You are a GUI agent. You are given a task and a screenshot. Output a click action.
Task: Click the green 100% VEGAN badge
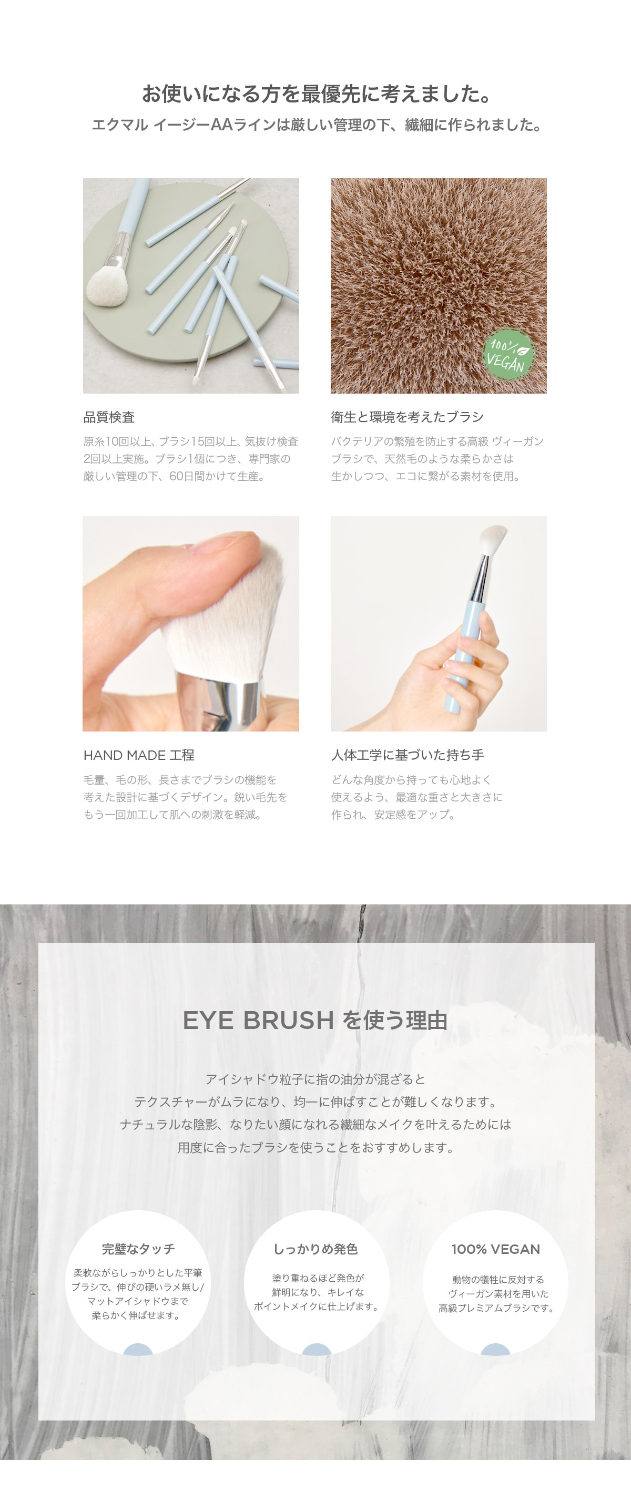click(x=508, y=354)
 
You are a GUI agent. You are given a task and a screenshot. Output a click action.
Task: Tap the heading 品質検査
click(x=109, y=417)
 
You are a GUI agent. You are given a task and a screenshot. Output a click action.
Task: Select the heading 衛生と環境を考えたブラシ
click(x=408, y=417)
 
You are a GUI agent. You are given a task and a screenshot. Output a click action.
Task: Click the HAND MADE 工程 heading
click(x=139, y=755)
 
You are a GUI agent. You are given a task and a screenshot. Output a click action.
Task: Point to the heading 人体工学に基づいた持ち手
click(x=408, y=755)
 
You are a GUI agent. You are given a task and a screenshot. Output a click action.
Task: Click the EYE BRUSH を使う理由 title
click(x=315, y=1020)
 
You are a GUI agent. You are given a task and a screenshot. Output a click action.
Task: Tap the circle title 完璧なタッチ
click(x=138, y=1249)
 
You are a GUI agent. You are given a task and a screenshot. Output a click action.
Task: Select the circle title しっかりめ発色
click(x=316, y=1249)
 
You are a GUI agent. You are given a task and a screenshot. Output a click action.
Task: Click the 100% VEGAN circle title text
click(x=495, y=1249)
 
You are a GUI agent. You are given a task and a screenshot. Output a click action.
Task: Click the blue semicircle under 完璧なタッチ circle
click(x=138, y=1350)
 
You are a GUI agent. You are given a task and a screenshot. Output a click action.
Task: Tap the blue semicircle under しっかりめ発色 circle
click(x=317, y=1350)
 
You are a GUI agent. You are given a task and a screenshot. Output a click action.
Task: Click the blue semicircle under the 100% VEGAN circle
click(x=495, y=1350)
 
